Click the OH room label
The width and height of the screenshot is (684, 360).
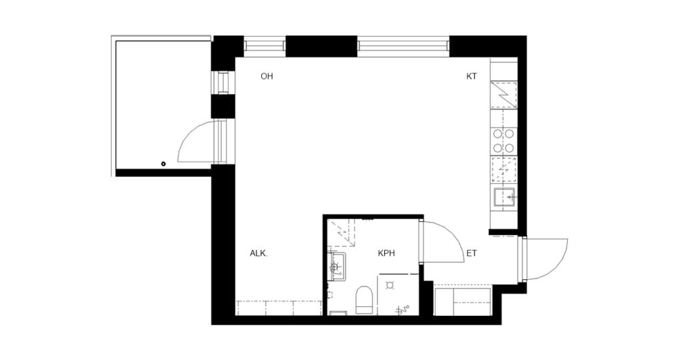[267, 76]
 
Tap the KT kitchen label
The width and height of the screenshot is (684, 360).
[472, 76]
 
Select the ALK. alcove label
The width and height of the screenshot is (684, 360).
[259, 253]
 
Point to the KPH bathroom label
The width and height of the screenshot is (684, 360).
[387, 253]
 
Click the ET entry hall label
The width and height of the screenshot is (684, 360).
[472, 253]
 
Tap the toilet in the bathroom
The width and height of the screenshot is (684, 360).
[363, 300]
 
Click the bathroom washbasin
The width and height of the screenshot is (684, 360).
[337, 266]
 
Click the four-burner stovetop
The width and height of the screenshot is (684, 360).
[504, 140]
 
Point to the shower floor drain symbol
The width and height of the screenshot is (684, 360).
[390, 285]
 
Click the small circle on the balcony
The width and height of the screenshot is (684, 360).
[164, 164]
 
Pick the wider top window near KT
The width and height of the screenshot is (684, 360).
[403, 46]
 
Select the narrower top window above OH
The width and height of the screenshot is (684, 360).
[265, 46]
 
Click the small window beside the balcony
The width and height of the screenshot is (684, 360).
[223, 81]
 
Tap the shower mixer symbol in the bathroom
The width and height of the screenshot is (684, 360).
[403, 309]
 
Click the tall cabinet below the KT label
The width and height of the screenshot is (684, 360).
[504, 94]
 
